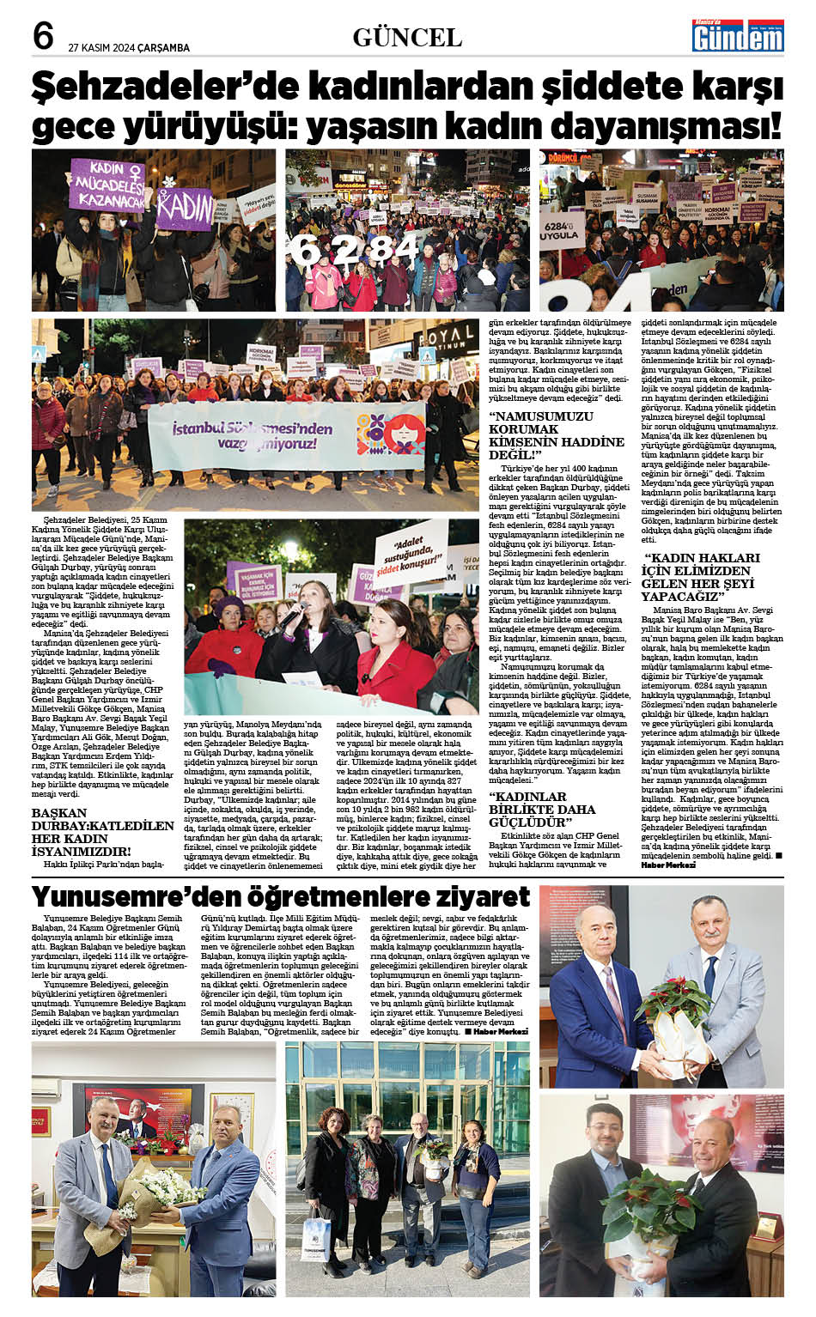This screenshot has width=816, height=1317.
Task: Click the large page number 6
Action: point(43,35)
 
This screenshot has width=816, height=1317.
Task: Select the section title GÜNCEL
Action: point(407,38)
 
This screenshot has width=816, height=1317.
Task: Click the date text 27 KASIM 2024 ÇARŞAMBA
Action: point(129,48)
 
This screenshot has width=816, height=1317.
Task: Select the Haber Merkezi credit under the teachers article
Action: point(502,1031)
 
